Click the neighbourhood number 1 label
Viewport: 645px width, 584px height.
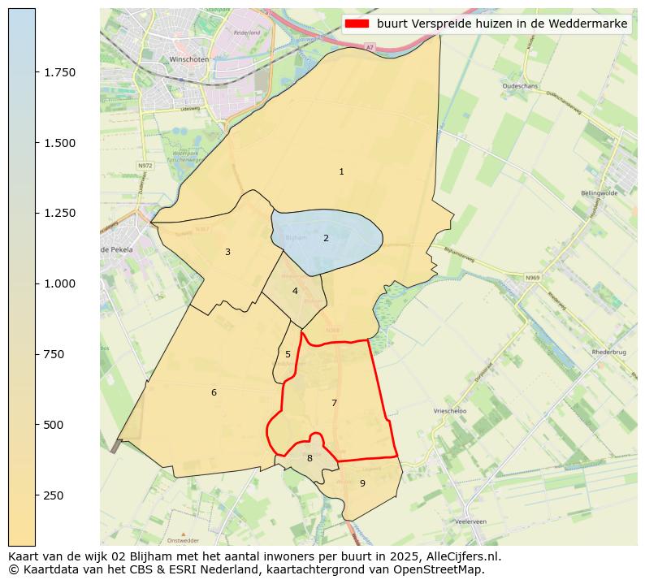click(x=341, y=171)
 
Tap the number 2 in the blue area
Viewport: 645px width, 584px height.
click(x=326, y=238)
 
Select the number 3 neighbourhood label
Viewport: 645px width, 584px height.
click(x=227, y=252)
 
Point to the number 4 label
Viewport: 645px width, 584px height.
click(x=295, y=291)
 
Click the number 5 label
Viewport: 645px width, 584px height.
click(x=288, y=354)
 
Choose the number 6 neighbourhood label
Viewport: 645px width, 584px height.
click(x=214, y=392)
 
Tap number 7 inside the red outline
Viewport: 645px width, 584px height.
click(x=334, y=403)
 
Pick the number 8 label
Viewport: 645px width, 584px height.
click(x=310, y=458)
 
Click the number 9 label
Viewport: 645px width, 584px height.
click(x=362, y=483)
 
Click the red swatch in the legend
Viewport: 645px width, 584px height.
click(x=357, y=24)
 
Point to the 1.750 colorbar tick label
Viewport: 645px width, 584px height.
click(x=60, y=72)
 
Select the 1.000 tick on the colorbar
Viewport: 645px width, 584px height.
click(x=60, y=283)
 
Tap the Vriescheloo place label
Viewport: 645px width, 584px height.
click(x=450, y=412)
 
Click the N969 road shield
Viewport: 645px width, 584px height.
click(x=532, y=278)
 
